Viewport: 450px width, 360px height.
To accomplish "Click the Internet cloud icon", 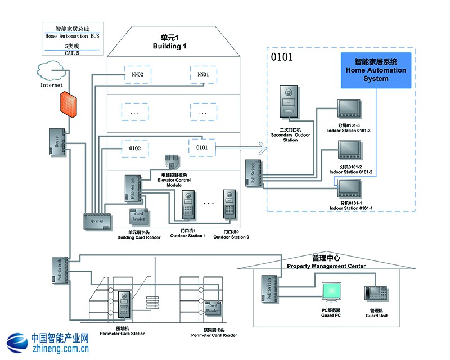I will click(x=51, y=71).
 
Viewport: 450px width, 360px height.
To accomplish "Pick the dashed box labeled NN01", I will click(x=203, y=74).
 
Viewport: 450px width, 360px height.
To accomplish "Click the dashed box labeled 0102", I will click(x=135, y=148).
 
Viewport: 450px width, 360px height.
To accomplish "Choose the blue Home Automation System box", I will click(x=375, y=71).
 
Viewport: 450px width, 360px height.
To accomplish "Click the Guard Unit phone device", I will click(x=375, y=293).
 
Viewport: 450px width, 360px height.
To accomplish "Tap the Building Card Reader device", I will click(x=138, y=215).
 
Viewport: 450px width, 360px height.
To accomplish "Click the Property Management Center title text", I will click(x=326, y=266).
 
